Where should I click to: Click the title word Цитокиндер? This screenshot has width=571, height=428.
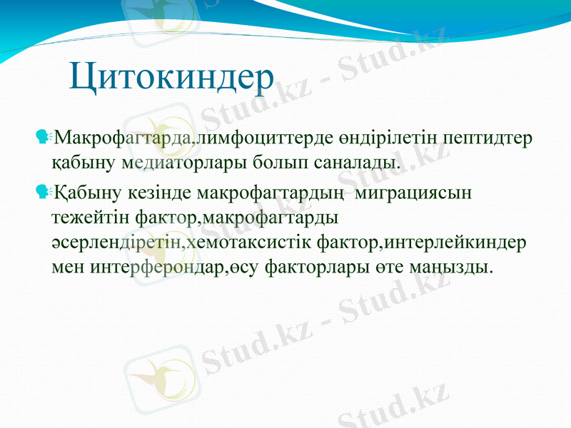pyautogui.click(x=172, y=77)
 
